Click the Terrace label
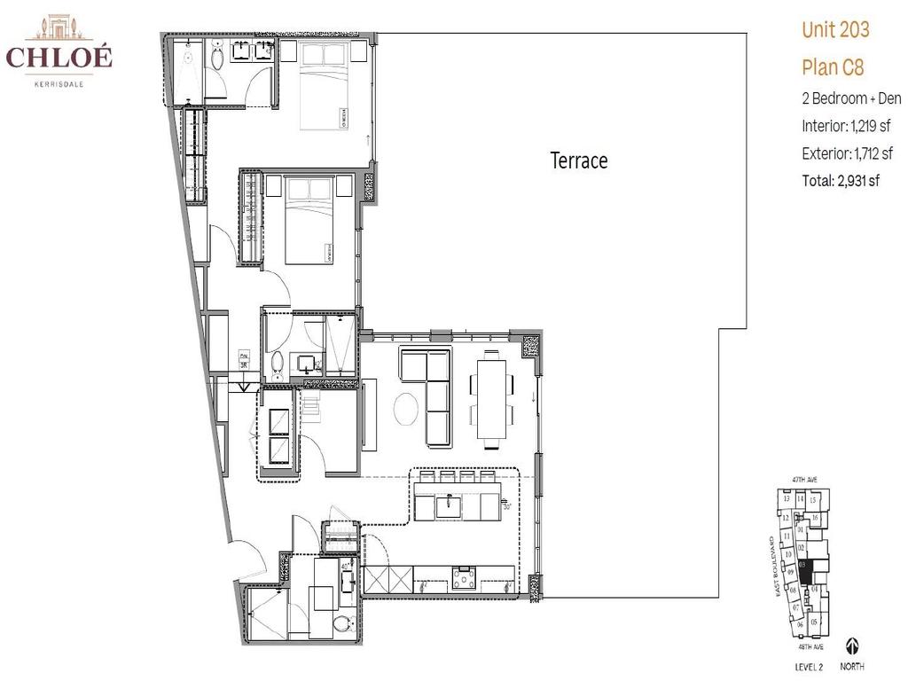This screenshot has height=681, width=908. tap(579, 160)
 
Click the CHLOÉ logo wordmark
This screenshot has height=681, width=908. tap(59, 58)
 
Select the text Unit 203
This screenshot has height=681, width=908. tap(835, 30)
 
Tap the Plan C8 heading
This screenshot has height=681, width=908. tap(833, 67)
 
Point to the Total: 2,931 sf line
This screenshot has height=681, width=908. tap(841, 181)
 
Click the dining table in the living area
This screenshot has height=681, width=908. tap(490, 395)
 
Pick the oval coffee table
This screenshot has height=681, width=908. tap(406, 410)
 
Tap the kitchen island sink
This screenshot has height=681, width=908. tap(447, 507)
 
